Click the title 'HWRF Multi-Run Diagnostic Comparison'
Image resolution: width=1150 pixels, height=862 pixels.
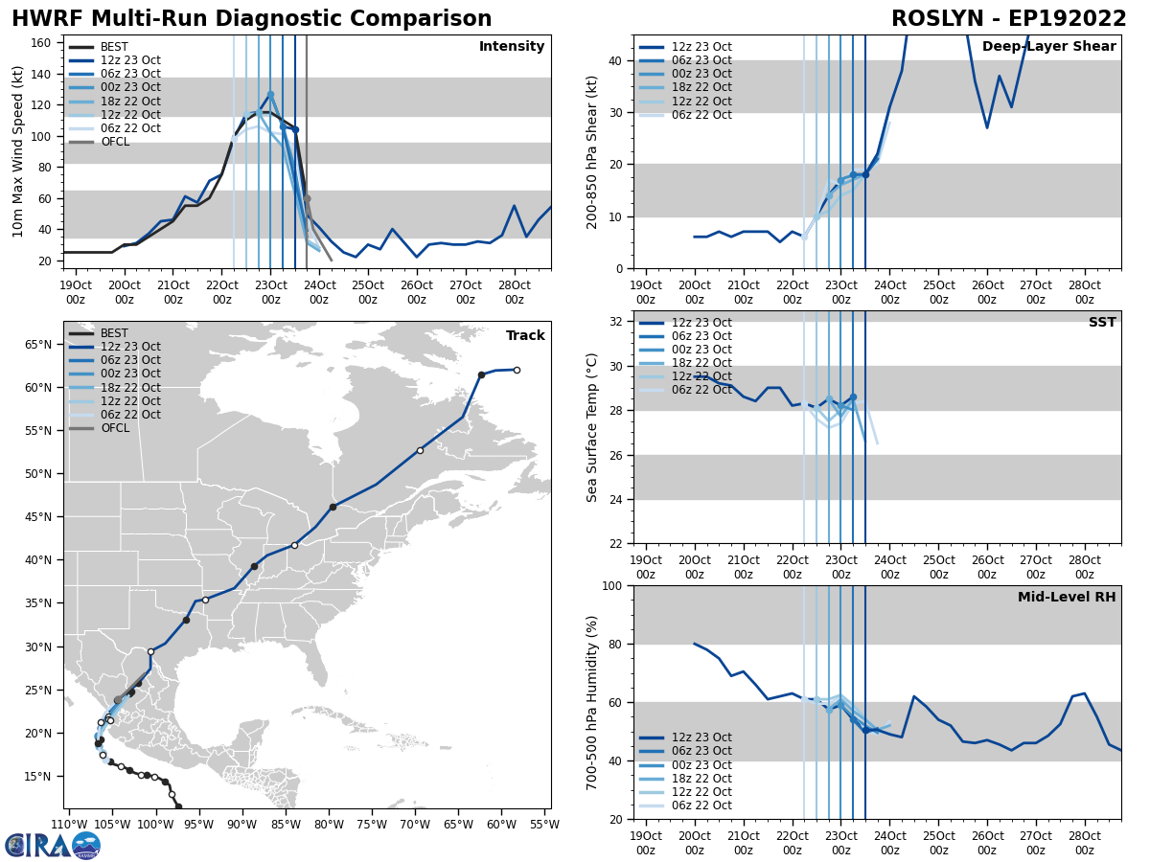pyautogui.click(x=251, y=19)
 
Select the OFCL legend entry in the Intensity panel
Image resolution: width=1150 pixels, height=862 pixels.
pyautogui.click(x=115, y=142)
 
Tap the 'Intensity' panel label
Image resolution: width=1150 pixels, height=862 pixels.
pyautogui.click(x=512, y=47)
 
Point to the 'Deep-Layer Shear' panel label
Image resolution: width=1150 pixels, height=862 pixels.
pyautogui.click(x=1048, y=47)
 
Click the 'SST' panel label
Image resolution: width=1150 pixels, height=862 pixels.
pyautogui.click(x=1102, y=323)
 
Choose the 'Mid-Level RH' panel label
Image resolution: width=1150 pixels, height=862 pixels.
pyautogui.click(x=1067, y=598)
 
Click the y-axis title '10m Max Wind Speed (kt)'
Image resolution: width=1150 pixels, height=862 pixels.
pyautogui.click(x=18, y=151)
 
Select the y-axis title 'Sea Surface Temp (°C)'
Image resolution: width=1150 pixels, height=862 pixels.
pyautogui.click(x=592, y=427)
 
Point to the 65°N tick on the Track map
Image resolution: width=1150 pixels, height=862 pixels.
pyautogui.click(x=38, y=345)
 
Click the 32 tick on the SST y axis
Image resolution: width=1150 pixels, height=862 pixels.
pyautogui.click(x=617, y=322)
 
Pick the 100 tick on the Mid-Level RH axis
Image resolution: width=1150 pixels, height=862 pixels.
pyautogui.click(x=610, y=586)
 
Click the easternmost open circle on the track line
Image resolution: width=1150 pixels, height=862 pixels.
pyautogui.click(x=517, y=370)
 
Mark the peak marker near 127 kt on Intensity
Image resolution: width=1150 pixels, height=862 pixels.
pyautogui.click(x=270, y=94)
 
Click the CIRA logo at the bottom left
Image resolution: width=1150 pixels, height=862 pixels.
pyautogui.click(x=53, y=845)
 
